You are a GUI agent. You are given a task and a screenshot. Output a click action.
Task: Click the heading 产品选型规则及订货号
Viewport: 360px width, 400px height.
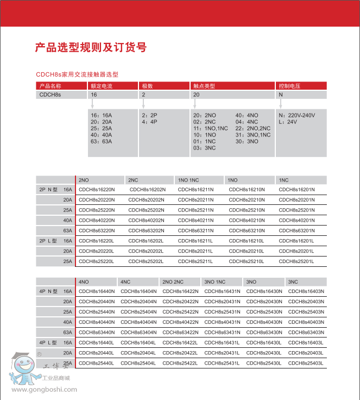(x=91, y=47)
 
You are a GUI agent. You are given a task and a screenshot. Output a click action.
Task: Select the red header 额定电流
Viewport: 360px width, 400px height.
(x=101, y=86)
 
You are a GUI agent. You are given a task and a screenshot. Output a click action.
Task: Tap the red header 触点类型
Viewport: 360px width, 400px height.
(x=204, y=86)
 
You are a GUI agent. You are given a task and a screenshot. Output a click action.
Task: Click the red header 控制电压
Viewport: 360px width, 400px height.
(x=289, y=86)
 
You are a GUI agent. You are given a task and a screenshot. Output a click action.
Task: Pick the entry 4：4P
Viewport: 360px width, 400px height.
(x=149, y=122)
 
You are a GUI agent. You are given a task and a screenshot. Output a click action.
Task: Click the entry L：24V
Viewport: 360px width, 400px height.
(x=288, y=122)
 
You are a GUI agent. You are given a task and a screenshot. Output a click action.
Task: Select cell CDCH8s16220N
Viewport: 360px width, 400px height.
(x=97, y=190)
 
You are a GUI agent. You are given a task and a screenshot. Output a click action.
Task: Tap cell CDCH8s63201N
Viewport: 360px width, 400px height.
(x=296, y=230)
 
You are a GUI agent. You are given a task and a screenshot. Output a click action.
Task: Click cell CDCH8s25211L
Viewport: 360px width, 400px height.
(x=196, y=261)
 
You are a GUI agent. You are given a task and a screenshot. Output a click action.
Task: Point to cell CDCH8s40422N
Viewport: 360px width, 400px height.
(x=180, y=322)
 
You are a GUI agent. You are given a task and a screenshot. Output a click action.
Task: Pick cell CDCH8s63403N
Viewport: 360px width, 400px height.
(x=306, y=332)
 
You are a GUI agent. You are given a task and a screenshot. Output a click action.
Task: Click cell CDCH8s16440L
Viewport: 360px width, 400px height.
(x=97, y=342)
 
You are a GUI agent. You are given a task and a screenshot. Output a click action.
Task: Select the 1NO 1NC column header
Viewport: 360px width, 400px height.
(x=188, y=180)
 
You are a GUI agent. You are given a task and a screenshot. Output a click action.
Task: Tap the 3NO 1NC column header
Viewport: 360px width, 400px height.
(x=215, y=282)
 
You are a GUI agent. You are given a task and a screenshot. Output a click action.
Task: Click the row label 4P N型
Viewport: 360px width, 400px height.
(x=48, y=291)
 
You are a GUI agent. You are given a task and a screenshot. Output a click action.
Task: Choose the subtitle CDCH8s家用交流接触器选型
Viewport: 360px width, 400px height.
(x=77, y=74)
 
